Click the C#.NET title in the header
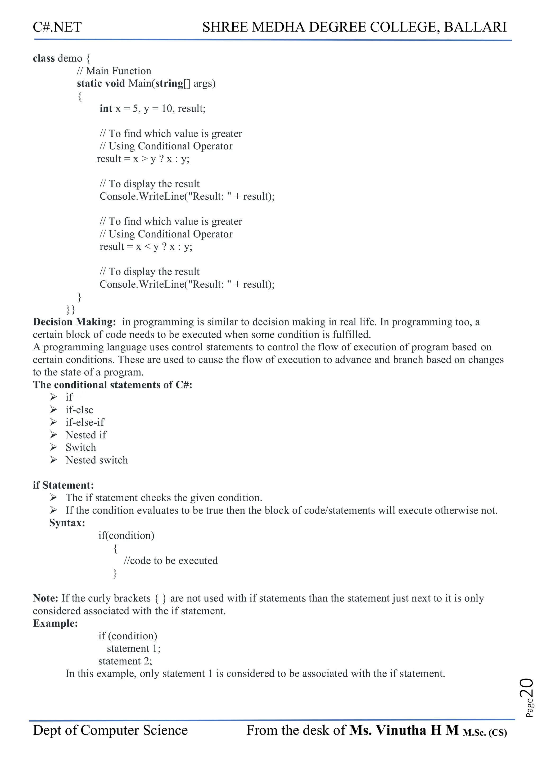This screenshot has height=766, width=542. pos(57,27)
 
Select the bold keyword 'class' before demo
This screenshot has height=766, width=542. pos(43,58)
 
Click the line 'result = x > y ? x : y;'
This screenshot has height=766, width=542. pos(143,159)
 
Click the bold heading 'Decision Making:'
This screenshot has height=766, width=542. pos(74,322)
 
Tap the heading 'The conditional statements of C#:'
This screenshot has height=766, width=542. pos(112,385)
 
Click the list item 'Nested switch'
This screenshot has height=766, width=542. pos(97,460)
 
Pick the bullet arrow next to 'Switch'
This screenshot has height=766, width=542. pos(53,447)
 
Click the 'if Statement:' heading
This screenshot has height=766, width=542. pos(63,485)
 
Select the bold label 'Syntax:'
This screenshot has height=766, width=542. pos(67,523)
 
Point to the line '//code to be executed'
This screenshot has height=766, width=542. pos(170,561)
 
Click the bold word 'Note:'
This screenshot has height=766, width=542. pos(46,598)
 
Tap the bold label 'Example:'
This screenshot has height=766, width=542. pos(55,623)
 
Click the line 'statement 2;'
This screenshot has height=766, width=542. pos(125,661)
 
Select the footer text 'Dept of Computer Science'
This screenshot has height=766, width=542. pos(110,731)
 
